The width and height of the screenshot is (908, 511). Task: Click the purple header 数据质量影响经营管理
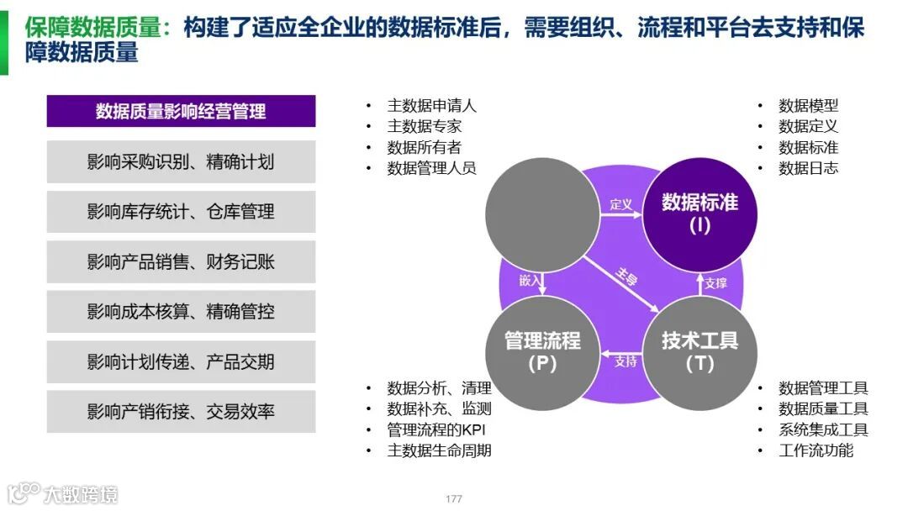[x=181, y=111]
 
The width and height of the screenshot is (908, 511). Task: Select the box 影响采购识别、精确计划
[x=181, y=161]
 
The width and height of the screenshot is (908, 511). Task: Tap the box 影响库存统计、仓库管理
[x=181, y=212]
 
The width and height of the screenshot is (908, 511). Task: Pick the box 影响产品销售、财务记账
[x=181, y=262]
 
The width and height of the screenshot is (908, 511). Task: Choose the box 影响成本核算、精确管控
[x=181, y=312]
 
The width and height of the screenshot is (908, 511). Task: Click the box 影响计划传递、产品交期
[x=181, y=362]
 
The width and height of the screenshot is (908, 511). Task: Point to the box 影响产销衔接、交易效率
[x=181, y=412]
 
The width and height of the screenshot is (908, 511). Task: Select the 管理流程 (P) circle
[x=542, y=351]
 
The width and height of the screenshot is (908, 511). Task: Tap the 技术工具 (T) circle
[x=699, y=351]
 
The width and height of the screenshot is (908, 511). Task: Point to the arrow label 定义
[x=620, y=204]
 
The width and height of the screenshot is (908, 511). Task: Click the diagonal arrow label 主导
[x=627, y=277]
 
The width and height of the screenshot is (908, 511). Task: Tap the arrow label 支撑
[x=715, y=283]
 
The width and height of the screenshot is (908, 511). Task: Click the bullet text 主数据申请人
[x=431, y=106]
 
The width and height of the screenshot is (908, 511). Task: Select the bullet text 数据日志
[x=808, y=168]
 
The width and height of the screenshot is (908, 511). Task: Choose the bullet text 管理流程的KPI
[x=436, y=429]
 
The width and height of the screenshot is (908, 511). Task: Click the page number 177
[x=454, y=499]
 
